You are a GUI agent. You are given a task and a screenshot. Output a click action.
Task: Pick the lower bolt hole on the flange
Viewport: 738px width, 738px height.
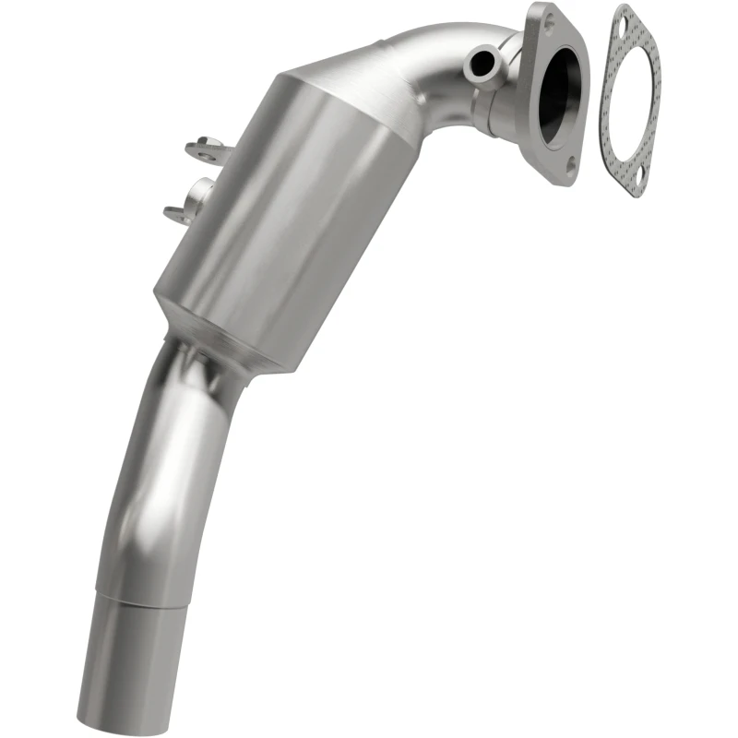(572, 165)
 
